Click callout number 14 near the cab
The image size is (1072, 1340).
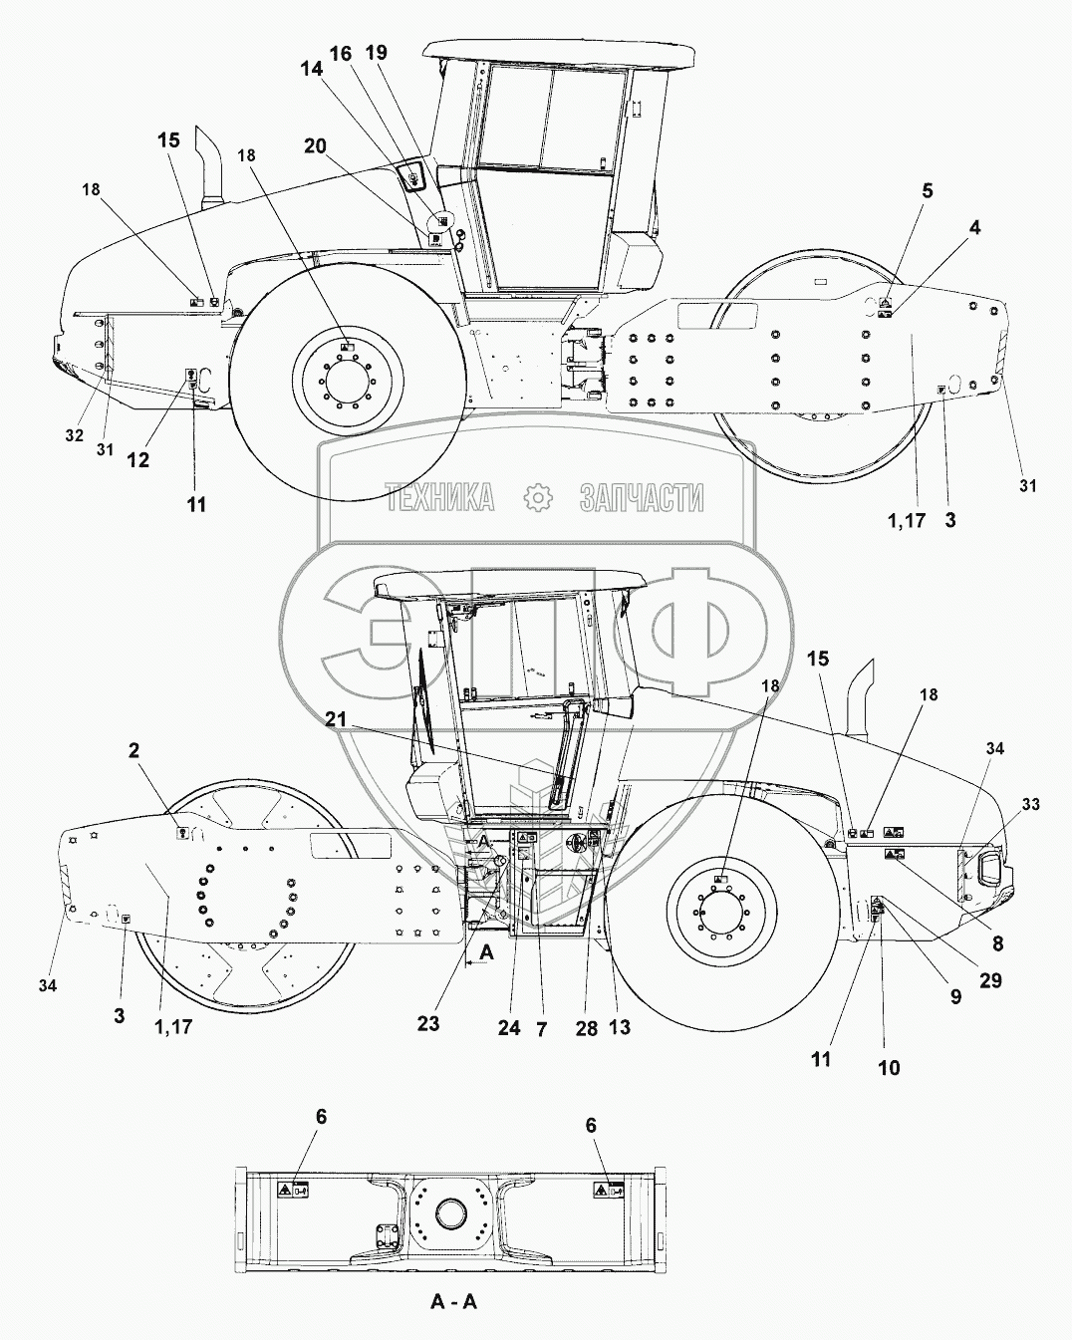pos(313,70)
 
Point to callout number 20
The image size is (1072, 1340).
pos(315,145)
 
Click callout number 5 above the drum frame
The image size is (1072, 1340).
pos(927,192)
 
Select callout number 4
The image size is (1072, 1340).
pos(974,228)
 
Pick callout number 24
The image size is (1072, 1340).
pos(508,1028)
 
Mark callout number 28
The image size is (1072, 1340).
pos(586,1028)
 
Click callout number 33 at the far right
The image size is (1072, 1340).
pos(1031,802)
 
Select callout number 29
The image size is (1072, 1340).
pos(990,982)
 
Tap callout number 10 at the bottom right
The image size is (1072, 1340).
pos(889,1068)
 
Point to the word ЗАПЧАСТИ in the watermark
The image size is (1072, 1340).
pos(642,497)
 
